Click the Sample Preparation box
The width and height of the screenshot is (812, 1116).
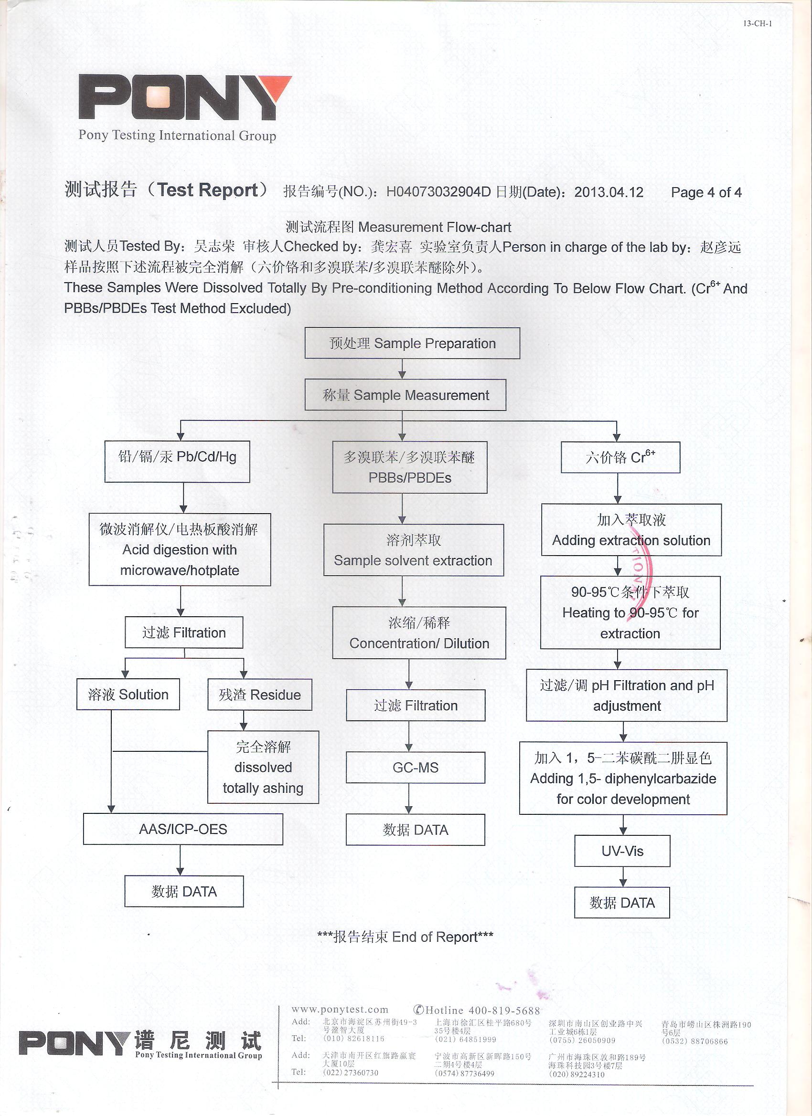point(412,343)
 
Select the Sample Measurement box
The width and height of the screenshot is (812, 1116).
point(405,395)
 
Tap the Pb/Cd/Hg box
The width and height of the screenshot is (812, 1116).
point(177,461)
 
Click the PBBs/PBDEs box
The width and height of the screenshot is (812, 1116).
point(410,467)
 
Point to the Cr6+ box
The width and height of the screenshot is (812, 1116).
point(620,457)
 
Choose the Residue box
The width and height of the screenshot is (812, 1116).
point(259,695)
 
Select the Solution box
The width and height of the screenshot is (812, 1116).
point(128,695)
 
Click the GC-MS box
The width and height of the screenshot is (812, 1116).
point(415,767)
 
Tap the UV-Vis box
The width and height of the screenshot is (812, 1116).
point(622,851)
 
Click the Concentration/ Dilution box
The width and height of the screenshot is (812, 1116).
point(419,633)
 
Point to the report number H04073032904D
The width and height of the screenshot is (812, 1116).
point(438,192)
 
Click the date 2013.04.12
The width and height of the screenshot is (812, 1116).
point(609,192)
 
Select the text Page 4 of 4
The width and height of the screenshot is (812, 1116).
point(705,192)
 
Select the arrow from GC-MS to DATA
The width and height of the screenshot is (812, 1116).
point(409,799)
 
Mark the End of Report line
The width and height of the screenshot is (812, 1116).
point(405,937)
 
